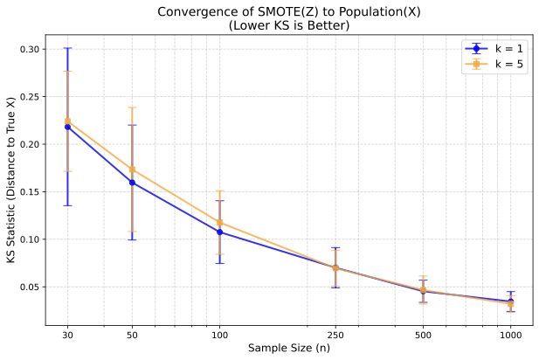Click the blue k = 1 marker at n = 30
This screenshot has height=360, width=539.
67,127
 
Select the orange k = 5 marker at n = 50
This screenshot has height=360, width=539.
132,169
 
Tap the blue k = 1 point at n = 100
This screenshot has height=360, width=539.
219,232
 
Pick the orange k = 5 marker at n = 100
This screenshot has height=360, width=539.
219,222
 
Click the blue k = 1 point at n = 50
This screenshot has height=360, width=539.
132,182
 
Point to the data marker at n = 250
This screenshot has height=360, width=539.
335,267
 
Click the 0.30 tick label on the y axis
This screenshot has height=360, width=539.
29,49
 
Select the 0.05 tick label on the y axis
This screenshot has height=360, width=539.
29,287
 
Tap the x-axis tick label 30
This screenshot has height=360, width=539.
67,334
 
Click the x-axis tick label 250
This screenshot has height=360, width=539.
335,334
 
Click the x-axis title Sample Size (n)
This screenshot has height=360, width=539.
288,348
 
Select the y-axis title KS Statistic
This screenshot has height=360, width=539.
10,181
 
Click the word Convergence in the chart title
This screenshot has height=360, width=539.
194,11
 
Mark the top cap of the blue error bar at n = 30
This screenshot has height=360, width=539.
67,48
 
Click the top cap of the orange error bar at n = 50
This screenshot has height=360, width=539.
132,107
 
